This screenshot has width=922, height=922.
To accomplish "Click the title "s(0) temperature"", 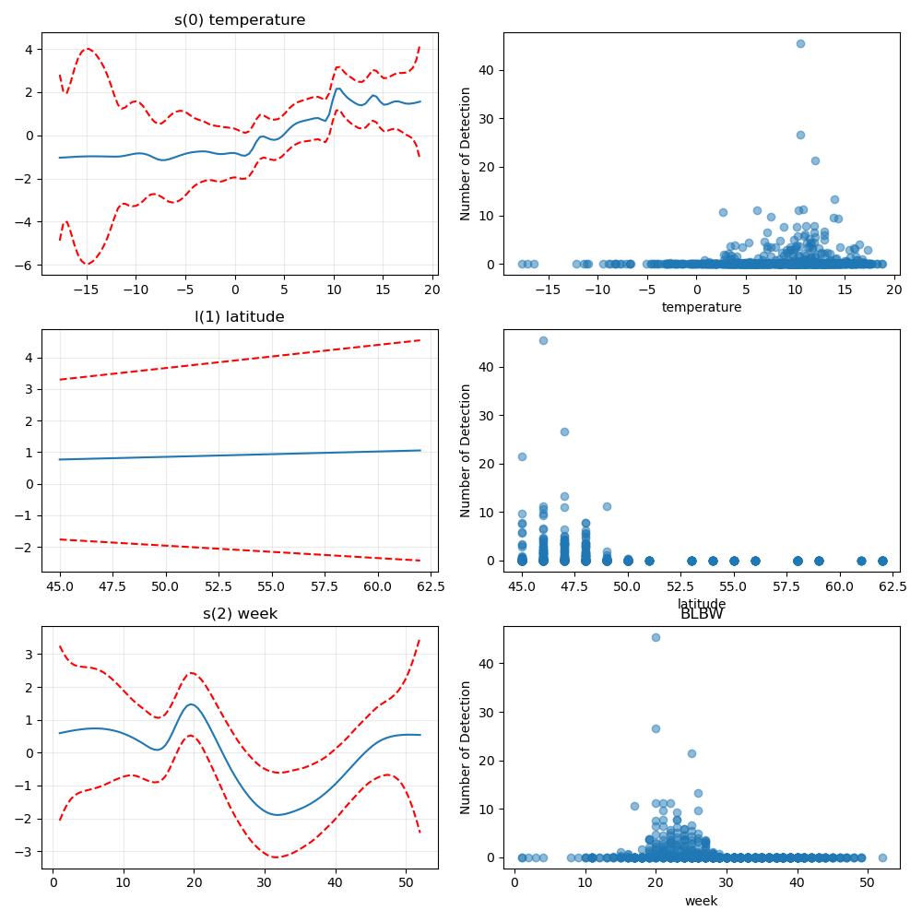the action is point(240,20).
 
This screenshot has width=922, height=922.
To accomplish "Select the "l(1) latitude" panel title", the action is point(240,317).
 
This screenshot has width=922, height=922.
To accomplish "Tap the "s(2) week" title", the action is point(240,614).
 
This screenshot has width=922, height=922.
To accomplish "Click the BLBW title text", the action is point(702,614).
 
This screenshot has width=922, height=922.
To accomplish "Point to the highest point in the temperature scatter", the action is point(800,43).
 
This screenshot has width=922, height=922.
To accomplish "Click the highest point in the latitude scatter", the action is point(543,340).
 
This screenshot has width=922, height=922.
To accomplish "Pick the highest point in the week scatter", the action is point(656,637).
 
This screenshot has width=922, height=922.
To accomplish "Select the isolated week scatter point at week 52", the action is point(882,857).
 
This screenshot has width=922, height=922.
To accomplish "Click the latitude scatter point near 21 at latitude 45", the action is point(522,456).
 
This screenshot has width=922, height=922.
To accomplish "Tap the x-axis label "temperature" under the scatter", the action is point(702,307).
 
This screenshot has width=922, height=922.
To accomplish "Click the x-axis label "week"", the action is point(702,901).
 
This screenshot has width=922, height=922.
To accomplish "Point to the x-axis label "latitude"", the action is point(702,603).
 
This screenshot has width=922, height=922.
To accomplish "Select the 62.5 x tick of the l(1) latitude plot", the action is point(431,586).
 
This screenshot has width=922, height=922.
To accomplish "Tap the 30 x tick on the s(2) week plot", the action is point(265,882).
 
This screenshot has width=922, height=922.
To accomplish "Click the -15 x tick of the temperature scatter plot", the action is point(548,290).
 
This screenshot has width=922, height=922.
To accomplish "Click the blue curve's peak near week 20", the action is point(192,704).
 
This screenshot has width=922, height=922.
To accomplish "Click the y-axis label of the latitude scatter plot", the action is point(465,451).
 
